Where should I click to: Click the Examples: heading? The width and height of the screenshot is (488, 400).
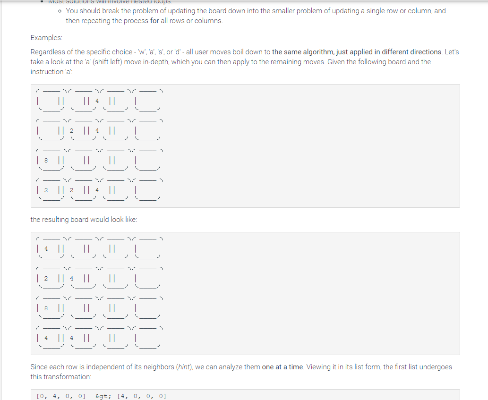(46, 37)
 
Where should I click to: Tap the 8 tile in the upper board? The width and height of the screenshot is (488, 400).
(46, 161)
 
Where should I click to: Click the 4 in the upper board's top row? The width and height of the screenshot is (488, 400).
(97, 101)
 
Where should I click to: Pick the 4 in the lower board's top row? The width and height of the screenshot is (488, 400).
(46, 248)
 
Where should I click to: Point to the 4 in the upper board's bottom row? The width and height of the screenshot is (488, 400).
(97, 190)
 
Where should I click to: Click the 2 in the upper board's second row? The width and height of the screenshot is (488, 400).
(71, 131)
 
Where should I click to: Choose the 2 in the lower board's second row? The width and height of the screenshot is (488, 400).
(46, 279)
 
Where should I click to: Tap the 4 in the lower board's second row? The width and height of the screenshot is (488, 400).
(71, 279)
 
